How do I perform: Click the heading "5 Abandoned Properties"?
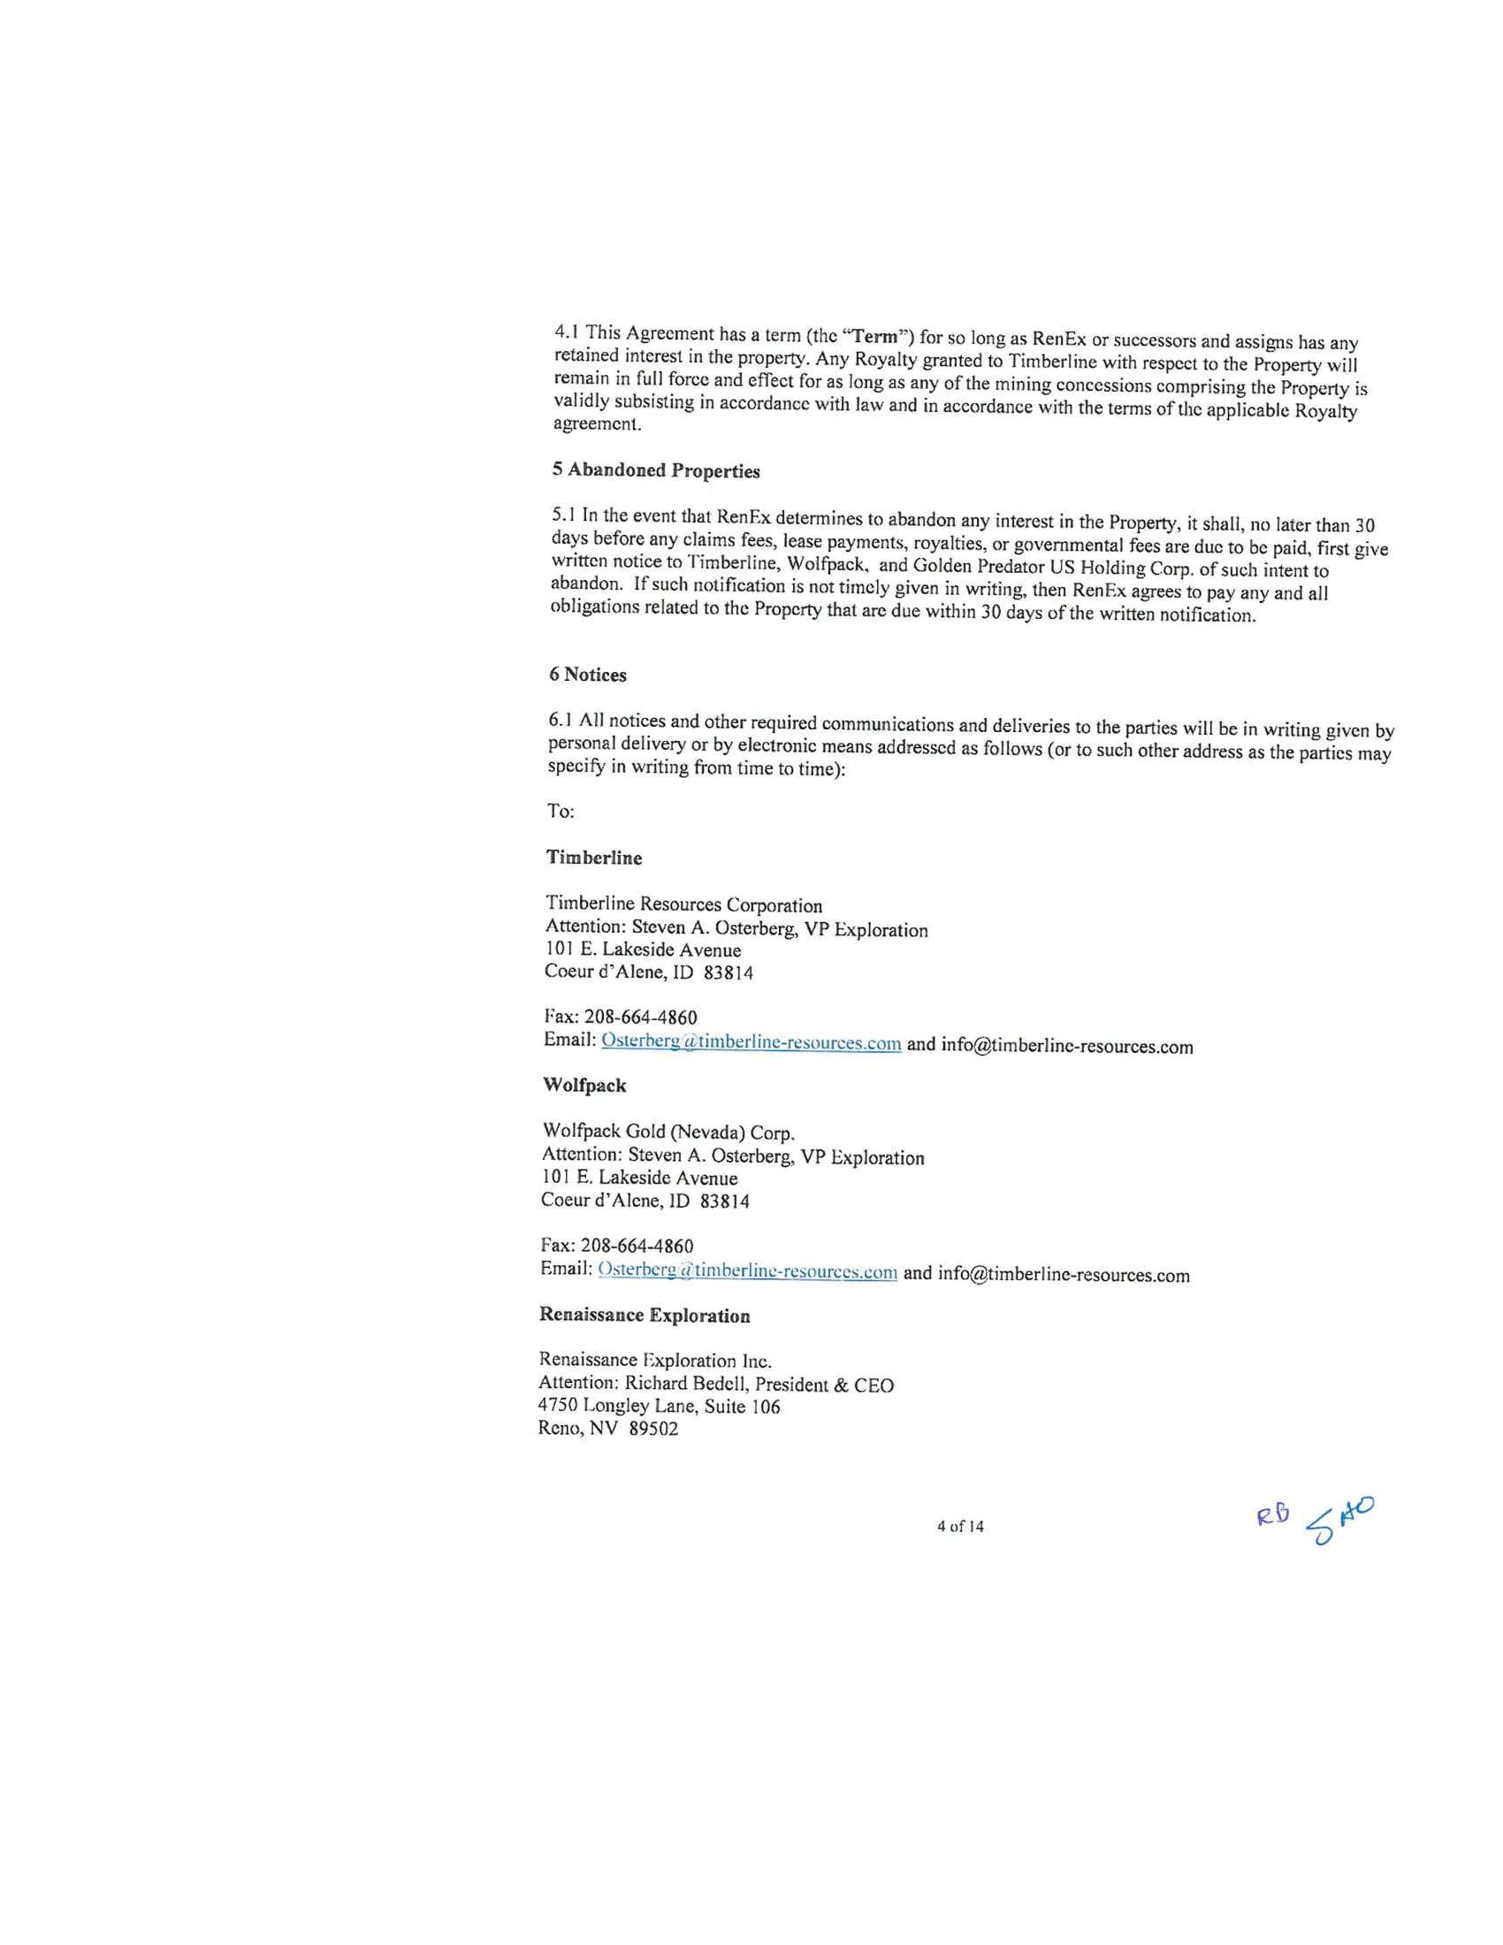(x=655, y=470)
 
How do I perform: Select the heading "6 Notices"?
(x=588, y=675)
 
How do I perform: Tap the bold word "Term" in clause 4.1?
(x=877, y=338)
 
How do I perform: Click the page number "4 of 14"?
(x=960, y=1527)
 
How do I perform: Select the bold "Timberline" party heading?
(x=594, y=858)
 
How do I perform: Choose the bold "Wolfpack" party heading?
(x=584, y=1086)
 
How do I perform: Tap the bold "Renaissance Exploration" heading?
(x=645, y=1316)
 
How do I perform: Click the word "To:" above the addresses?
(x=561, y=812)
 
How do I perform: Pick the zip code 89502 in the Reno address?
(x=653, y=1430)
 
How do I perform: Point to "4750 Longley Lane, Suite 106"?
(x=659, y=1407)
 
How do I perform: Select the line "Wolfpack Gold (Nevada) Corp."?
(x=668, y=1132)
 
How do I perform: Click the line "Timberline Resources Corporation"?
(x=683, y=904)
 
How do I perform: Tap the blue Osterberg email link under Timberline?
(x=751, y=1042)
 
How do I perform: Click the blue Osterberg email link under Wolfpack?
(x=747, y=1270)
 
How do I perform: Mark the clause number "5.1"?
(x=564, y=515)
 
